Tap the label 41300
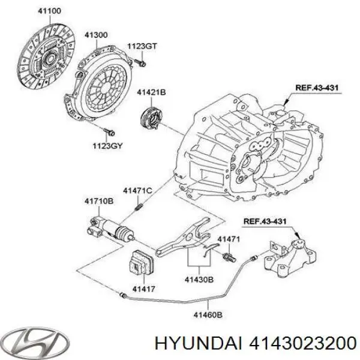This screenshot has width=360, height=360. [96, 35]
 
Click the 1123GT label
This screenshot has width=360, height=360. [141, 46]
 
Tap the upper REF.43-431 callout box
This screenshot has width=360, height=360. [317, 88]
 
